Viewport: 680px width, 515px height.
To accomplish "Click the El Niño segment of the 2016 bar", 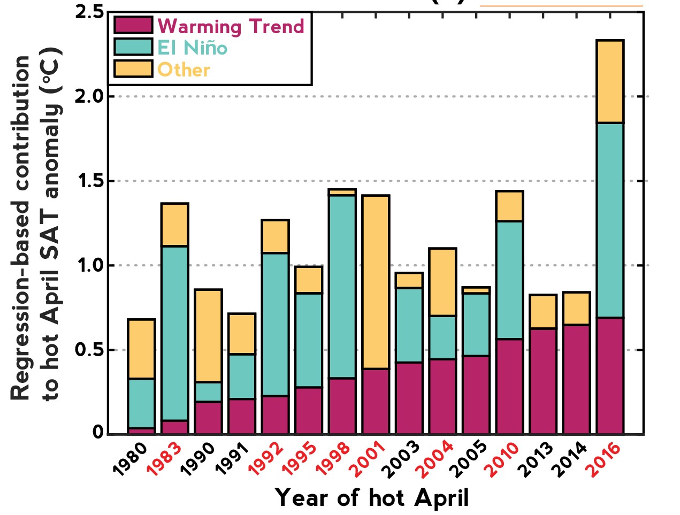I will (x=610, y=220).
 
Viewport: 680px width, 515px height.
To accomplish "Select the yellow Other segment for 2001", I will (x=376, y=282).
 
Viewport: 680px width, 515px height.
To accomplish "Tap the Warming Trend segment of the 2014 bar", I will (x=576, y=379).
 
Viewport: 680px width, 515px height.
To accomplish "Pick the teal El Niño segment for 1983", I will (x=175, y=333).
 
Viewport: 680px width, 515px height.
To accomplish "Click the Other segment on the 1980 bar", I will (x=141, y=349).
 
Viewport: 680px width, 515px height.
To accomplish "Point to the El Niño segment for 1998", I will (x=342, y=287).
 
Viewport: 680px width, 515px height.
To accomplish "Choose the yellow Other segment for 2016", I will (x=610, y=81).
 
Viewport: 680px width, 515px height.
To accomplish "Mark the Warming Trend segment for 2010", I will (x=509, y=386).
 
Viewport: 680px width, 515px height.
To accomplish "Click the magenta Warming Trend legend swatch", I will (x=133, y=25).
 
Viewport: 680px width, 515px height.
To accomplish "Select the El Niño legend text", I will (x=193, y=48).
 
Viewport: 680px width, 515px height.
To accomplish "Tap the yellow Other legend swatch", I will (x=133, y=69).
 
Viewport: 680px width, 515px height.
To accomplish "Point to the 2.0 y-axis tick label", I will (x=89, y=97).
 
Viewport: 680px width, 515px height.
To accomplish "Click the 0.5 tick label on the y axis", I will (x=89, y=350).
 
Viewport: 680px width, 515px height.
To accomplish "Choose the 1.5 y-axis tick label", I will (x=89, y=181).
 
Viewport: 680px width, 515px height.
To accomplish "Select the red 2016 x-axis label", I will (x=604, y=459).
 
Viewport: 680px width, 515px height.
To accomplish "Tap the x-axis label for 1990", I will (x=197, y=459).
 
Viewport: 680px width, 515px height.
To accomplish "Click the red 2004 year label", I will (x=436, y=459).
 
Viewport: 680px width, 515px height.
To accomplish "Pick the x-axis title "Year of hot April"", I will (x=372, y=498).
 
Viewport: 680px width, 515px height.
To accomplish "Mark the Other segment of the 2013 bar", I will (x=543, y=311).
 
